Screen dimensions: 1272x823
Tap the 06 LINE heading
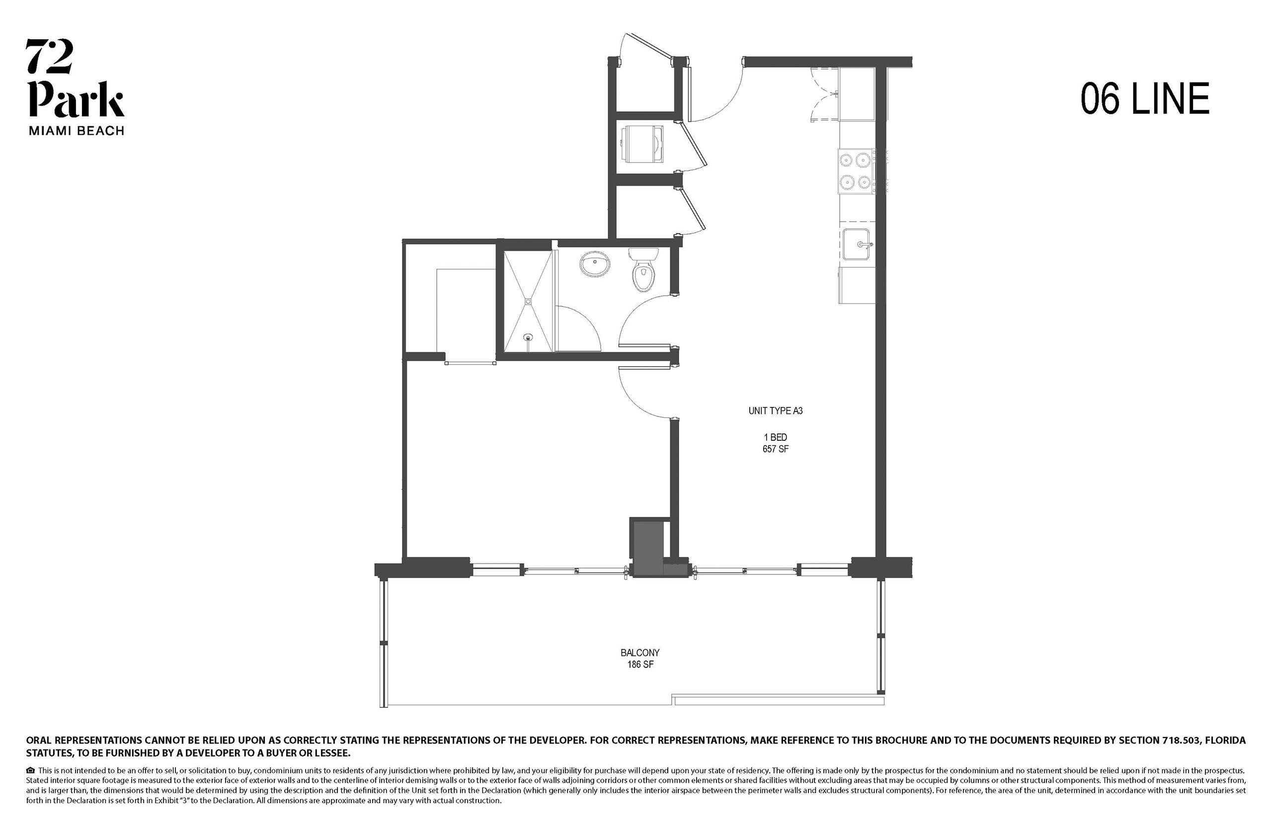coord(1145,99)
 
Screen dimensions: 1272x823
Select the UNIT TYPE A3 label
coord(775,411)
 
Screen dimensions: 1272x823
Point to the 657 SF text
coord(775,449)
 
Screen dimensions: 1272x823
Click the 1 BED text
coord(775,437)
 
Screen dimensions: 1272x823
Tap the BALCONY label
coord(640,653)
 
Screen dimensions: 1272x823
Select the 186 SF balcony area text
coord(640,665)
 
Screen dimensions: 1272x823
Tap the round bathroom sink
coord(595,264)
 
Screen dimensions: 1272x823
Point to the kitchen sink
coord(857,244)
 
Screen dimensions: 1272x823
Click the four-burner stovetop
coord(857,171)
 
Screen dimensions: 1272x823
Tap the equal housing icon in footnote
coord(30,771)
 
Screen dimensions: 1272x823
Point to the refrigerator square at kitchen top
coord(857,94)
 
